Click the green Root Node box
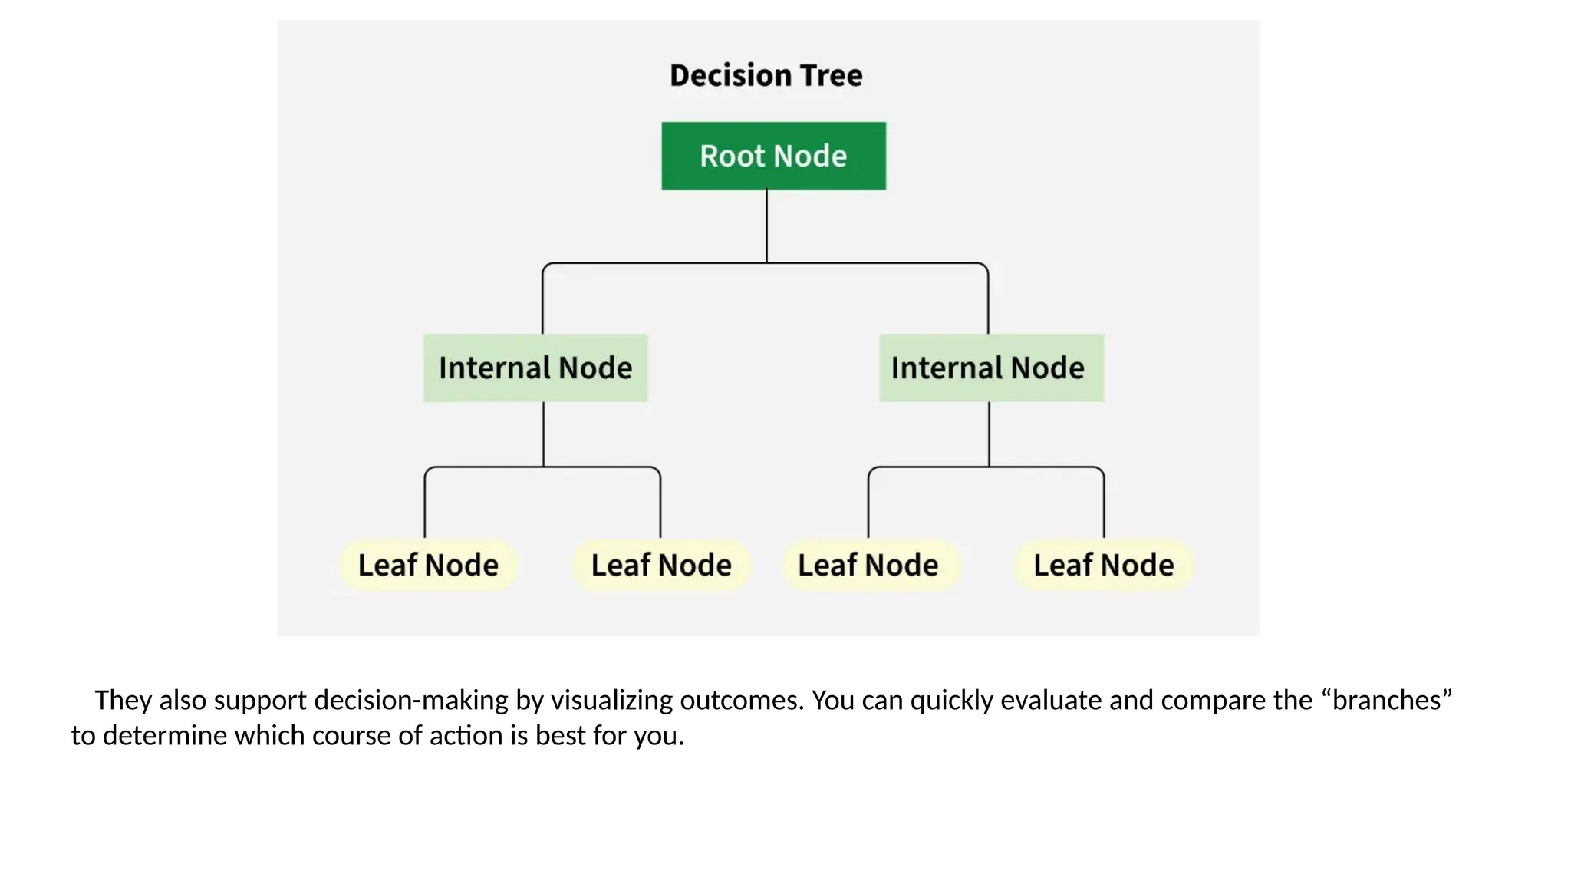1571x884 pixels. click(773, 156)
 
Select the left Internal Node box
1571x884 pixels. click(535, 368)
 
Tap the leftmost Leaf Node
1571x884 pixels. click(428, 566)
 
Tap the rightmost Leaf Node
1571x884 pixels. click(1103, 566)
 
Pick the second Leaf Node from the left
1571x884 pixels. click(661, 566)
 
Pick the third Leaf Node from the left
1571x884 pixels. click(868, 566)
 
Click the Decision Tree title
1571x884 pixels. click(766, 75)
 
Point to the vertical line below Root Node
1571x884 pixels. click(766, 226)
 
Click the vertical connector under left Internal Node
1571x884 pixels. click(543, 434)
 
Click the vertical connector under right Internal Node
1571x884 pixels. click(989, 434)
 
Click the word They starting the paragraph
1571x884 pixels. click(123, 701)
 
